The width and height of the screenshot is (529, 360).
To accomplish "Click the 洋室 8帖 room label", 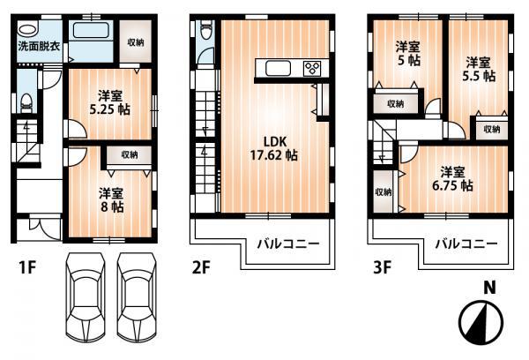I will click(x=110, y=199).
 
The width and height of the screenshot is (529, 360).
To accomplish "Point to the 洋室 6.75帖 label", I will click(x=454, y=179).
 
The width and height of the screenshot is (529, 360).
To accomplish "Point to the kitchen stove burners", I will click(x=314, y=69).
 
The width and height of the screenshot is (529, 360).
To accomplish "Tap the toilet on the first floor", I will click(x=27, y=102).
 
